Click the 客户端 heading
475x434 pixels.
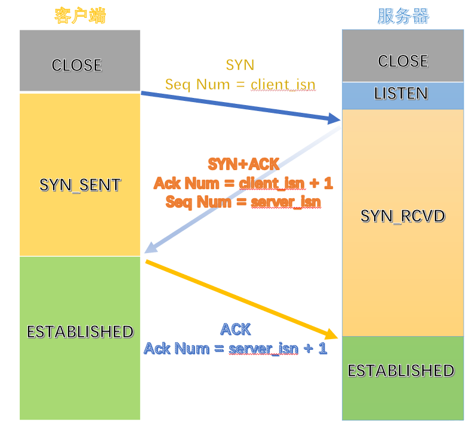80,16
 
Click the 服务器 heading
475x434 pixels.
403,16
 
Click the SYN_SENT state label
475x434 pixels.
80,184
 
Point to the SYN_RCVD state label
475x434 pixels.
403,216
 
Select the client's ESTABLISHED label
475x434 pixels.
80,331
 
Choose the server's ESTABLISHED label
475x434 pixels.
401,370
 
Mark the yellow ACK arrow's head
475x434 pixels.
334,335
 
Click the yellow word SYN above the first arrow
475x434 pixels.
240,65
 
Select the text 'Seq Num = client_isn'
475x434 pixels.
240,84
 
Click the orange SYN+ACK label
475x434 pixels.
243,164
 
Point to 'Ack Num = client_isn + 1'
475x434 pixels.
243,183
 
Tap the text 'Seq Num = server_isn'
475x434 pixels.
243,201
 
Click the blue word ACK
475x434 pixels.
235,329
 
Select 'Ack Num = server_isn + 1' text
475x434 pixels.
235,347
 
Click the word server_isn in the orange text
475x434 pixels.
285,201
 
